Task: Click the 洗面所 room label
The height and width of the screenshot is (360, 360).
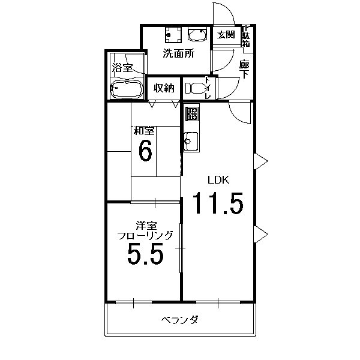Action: pyautogui.click(x=179, y=53)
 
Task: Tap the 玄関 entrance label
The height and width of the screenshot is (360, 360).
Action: pyautogui.click(x=226, y=34)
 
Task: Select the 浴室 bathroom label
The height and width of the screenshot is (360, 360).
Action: pyautogui.click(x=122, y=68)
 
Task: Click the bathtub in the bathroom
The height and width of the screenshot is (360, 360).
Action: pyautogui.click(x=126, y=89)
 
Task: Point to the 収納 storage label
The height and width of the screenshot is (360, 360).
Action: pyautogui.click(x=163, y=88)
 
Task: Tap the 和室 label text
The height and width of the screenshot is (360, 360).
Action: pyautogui.click(x=145, y=130)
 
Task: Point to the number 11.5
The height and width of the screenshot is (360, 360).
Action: pyautogui.click(x=217, y=203)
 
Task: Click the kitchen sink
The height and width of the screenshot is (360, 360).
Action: pyautogui.click(x=191, y=140)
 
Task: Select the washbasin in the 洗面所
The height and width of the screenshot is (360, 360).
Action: pyautogui.click(x=196, y=33)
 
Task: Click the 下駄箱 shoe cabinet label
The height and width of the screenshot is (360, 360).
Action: pyautogui.click(x=247, y=38)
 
